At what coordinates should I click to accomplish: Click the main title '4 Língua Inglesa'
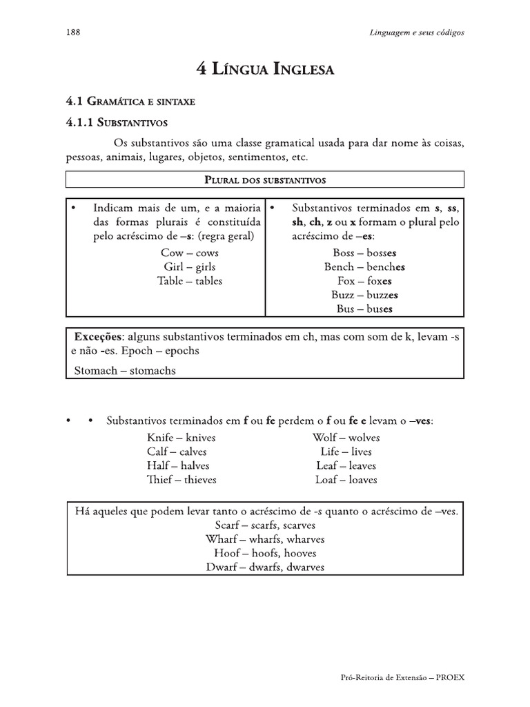coord(265,70)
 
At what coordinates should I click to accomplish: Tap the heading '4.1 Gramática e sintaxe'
coord(130,101)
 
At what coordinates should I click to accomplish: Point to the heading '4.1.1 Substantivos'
coord(117,122)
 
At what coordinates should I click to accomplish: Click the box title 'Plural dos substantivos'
coord(265,180)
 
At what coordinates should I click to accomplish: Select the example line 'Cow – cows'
coord(189,253)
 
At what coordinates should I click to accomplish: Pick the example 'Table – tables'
coord(189,280)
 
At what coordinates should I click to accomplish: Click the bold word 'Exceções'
coord(98,336)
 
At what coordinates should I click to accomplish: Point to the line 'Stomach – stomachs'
coord(125,370)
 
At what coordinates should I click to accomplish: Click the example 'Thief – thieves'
coord(181,479)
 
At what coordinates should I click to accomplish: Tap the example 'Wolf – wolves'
coord(346,438)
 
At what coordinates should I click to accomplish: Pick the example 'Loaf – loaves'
coord(346,479)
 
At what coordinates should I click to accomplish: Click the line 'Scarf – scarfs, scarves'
coord(265,525)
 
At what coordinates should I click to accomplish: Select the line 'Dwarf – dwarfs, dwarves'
coord(265,567)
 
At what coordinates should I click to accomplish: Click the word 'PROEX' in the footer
coord(449,677)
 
